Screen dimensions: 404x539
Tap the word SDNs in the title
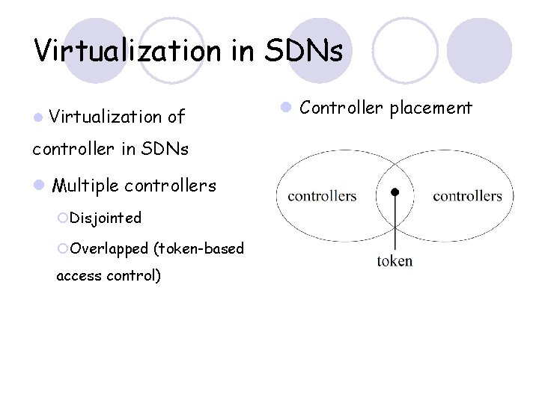pyautogui.click(x=305, y=51)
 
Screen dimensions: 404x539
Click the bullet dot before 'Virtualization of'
pyautogui.click(x=37, y=117)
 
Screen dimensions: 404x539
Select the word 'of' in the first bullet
pyautogui.click(x=176, y=117)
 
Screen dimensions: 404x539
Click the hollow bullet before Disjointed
pyautogui.click(x=63, y=218)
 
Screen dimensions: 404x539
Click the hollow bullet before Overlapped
pyautogui.click(x=63, y=248)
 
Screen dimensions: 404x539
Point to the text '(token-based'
pyautogui.click(x=198, y=248)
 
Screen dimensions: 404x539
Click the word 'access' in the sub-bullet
pyautogui.click(x=79, y=275)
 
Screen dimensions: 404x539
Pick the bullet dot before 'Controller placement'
pyautogui.click(x=285, y=108)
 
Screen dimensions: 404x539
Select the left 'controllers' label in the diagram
pyautogui.click(x=322, y=196)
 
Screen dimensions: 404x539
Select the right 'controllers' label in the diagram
pyautogui.click(x=467, y=196)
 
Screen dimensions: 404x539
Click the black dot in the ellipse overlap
pyautogui.click(x=395, y=192)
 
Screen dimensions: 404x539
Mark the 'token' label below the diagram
pyautogui.click(x=395, y=261)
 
